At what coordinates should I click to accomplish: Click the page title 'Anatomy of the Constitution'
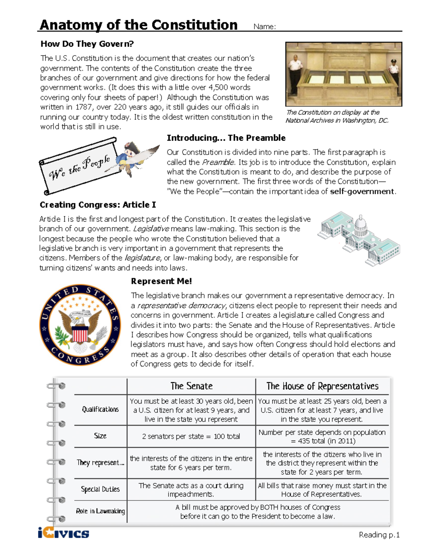point(138,25)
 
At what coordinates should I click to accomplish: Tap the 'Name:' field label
point(264,26)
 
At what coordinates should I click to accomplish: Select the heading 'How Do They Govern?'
point(87,44)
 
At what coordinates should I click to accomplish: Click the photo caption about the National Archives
point(337,116)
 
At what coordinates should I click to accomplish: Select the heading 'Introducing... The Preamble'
point(226,138)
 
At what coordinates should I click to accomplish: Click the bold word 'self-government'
point(362,191)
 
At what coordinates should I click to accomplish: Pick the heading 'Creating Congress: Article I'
point(97,205)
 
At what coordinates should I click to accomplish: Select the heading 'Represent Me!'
point(161,281)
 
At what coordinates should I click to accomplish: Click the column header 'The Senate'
point(191,386)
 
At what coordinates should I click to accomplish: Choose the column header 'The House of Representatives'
point(322,386)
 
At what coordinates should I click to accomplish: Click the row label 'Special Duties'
point(100,489)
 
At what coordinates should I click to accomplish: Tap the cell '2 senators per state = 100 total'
point(191,436)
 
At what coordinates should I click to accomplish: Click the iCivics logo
point(63,533)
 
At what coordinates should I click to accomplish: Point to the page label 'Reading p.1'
point(379,534)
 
